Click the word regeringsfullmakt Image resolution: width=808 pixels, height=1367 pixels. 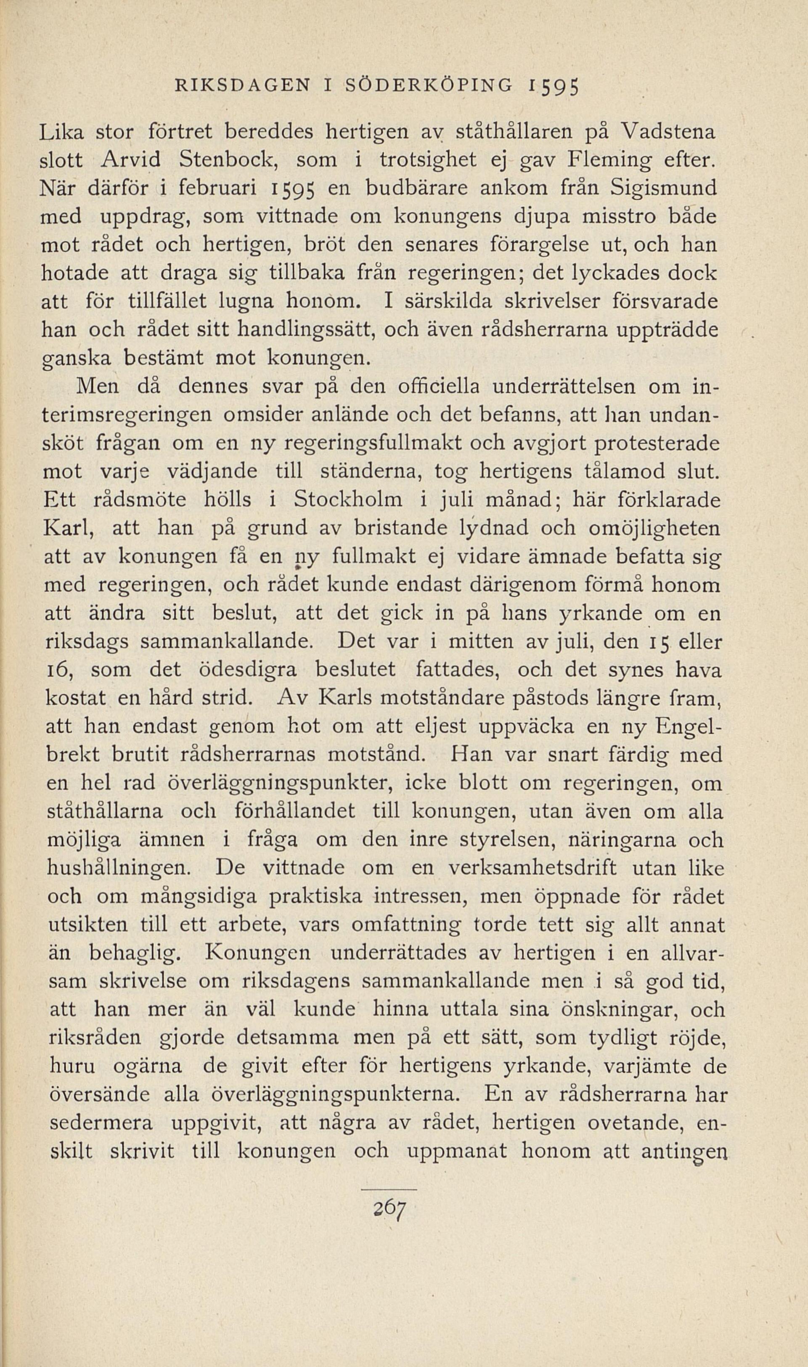[355, 444]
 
